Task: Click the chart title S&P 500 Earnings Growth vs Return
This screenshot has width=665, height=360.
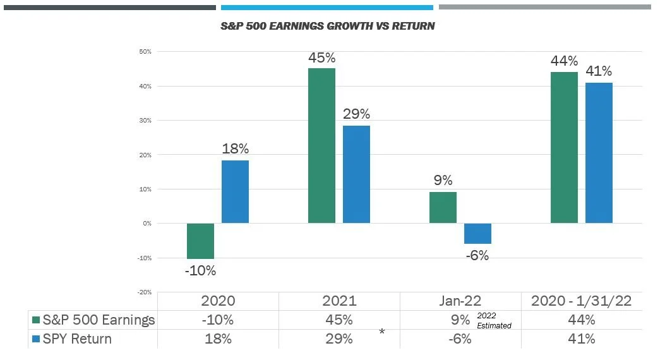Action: pyautogui.click(x=327, y=27)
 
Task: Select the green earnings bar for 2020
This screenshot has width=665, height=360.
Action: pyautogui.click(x=200, y=241)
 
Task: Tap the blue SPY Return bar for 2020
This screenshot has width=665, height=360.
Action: pyautogui.click(x=235, y=191)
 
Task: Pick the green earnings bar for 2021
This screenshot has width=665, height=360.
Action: pyautogui.click(x=321, y=145)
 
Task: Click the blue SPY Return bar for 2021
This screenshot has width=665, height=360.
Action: pyautogui.click(x=356, y=174)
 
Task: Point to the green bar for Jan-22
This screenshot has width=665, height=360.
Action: pyautogui.click(x=443, y=207)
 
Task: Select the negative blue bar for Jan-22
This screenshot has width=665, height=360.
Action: pyautogui.click(x=477, y=233)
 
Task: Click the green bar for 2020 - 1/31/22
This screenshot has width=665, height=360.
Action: pyautogui.click(x=564, y=147)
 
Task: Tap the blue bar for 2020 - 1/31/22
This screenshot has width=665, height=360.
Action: pyautogui.click(x=599, y=152)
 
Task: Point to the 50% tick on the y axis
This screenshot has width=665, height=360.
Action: pyautogui.click(x=145, y=52)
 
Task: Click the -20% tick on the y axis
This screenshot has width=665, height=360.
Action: pyautogui.click(x=144, y=292)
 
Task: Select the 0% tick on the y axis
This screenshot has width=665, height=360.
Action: pyautogui.click(x=147, y=224)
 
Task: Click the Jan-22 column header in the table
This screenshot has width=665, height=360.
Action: pyautogui.click(x=460, y=301)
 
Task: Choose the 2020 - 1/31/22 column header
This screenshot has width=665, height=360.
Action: pyautogui.click(x=581, y=301)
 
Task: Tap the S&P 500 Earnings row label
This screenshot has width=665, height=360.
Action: pyautogui.click(x=99, y=320)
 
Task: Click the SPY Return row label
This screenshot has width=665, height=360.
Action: pyautogui.click(x=77, y=339)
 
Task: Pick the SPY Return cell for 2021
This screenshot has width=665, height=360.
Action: pyautogui.click(x=338, y=339)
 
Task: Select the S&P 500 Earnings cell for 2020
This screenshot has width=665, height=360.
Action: pyautogui.click(x=217, y=320)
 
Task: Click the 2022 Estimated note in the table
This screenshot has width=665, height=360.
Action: pyautogui.click(x=494, y=320)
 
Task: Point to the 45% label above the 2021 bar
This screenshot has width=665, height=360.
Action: pyautogui.click(x=321, y=58)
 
